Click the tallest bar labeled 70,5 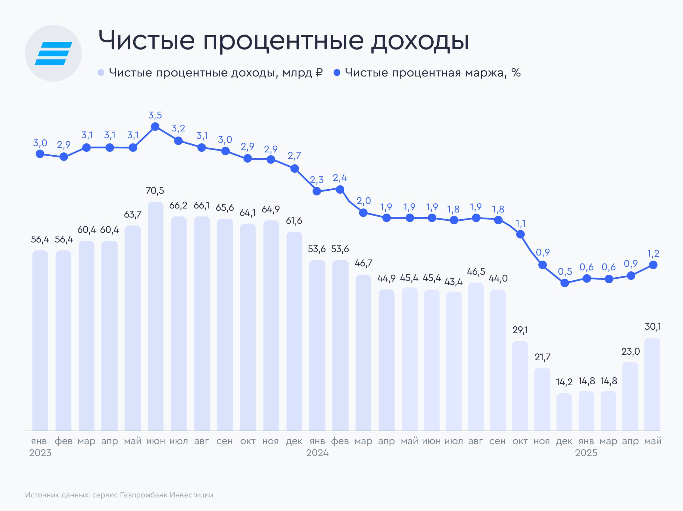(155, 316)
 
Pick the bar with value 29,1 (520, 386)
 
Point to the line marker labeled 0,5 (564, 283)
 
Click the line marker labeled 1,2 (653, 265)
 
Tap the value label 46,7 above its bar (363, 263)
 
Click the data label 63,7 (133, 214)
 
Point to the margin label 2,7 (294, 156)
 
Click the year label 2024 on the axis (317, 453)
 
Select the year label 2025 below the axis (586, 453)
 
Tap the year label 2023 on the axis (40, 453)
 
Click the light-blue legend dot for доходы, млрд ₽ (101, 73)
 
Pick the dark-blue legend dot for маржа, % (337, 73)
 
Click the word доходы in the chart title (420, 41)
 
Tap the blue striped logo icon (53, 53)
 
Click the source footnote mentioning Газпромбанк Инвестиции (119, 495)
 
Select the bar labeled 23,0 (630, 396)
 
